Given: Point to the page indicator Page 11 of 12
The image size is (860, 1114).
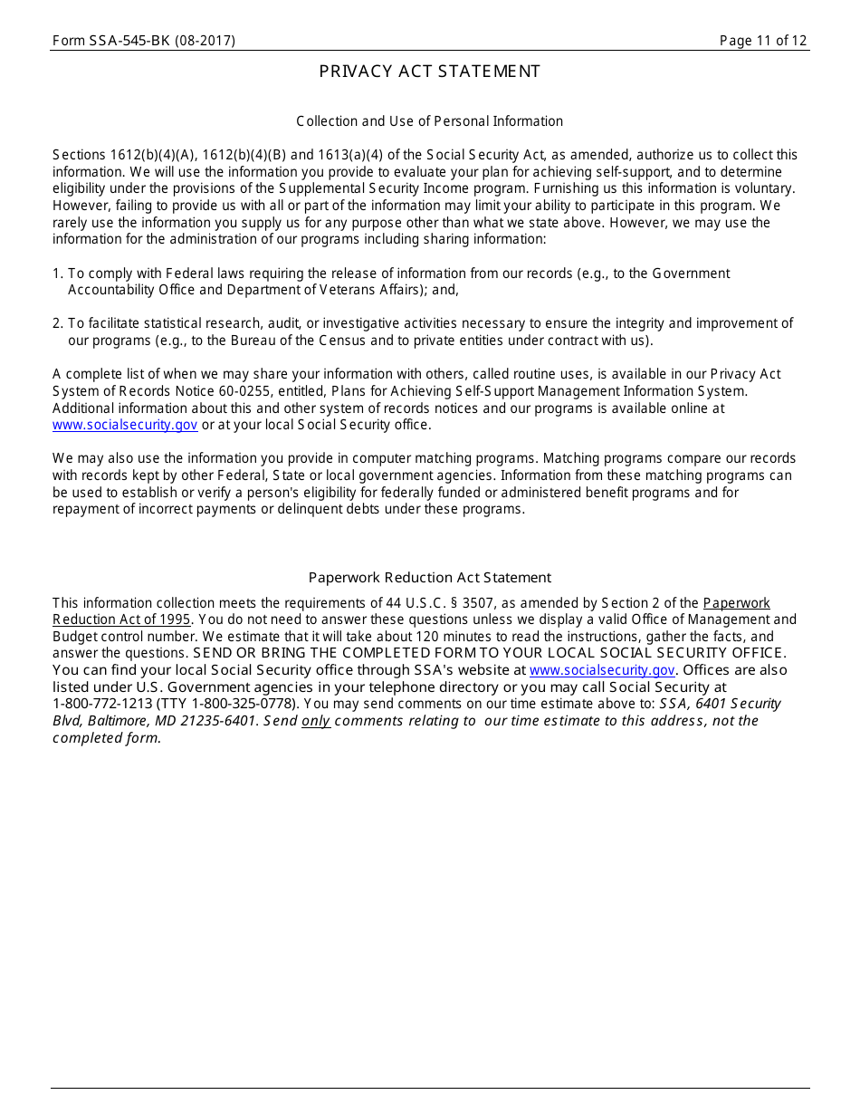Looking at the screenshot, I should pos(762,41).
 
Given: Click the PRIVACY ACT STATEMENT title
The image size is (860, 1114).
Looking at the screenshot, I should pos(429,72).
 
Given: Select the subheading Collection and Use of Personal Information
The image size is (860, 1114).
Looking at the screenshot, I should pos(429,121).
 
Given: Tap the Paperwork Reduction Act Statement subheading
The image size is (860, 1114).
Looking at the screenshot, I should pos(429,578).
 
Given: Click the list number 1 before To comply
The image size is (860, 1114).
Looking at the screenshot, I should pos(57,274).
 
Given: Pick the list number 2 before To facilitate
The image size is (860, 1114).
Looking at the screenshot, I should pos(57,323).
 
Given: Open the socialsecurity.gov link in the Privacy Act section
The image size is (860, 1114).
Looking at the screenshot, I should pos(125,425).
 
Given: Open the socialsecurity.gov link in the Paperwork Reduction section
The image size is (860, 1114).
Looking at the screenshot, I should pos(602,670).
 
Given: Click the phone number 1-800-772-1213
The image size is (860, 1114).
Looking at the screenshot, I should pos(102,704).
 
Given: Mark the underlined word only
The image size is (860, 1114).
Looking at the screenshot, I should pos(315,721).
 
